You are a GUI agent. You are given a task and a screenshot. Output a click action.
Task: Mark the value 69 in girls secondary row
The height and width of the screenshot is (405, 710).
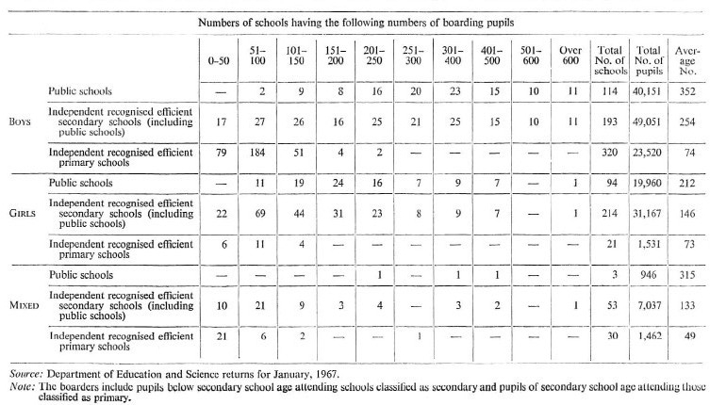pos(263,213)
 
